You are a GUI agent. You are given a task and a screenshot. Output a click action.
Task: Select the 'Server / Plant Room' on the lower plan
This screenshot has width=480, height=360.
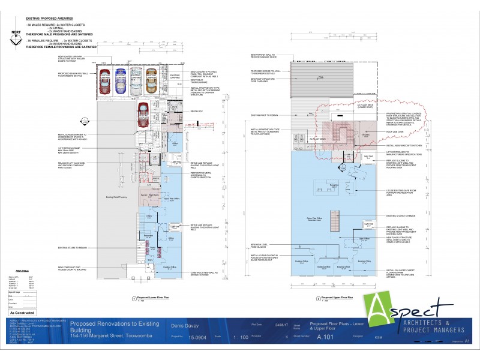(149, 196)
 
